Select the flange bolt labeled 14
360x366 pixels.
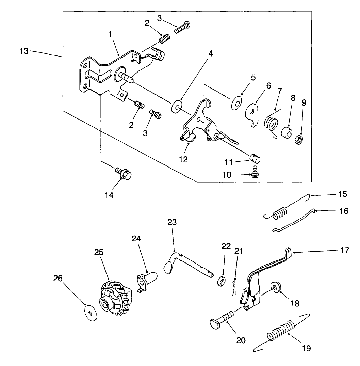pos(123,174)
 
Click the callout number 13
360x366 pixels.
pos(25,50)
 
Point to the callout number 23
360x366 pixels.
pos(172,222)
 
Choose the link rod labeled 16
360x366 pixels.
pos(293,221)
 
